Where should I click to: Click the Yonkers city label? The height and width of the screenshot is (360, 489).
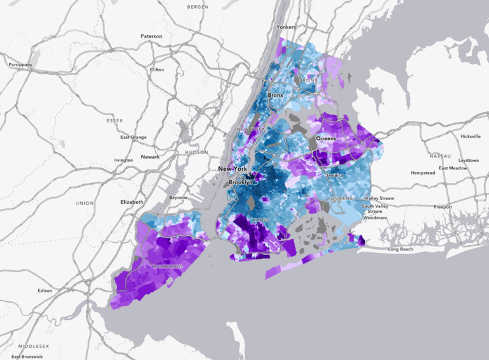click(287, 27)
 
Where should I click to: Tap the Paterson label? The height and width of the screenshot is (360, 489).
click(152, 36)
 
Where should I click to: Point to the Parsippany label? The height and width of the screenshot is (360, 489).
click(20, 65)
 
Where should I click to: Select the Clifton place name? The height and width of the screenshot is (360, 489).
click(157, 69)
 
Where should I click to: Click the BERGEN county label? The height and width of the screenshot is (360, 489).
click(198, 6)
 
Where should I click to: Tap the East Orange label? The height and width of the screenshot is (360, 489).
click(134, 137)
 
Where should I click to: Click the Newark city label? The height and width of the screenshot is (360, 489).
click(150, 157)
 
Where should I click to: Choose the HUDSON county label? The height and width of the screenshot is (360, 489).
click(197, 153)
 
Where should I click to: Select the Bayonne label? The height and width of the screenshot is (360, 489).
click(178, 198)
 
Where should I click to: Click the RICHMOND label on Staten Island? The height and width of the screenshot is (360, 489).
click(167, 266)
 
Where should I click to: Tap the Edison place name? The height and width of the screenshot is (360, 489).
click(45, 291)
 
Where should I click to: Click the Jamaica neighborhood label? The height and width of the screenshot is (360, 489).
click(334, 175)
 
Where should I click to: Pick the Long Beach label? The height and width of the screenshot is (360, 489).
click(401, 249)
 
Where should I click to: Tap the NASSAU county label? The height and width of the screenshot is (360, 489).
click(440, 155)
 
